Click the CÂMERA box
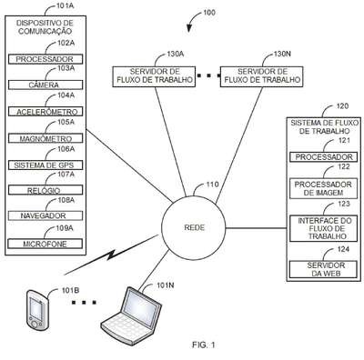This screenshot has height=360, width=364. tap(45, 85)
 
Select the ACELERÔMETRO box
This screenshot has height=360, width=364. tap(45, 112)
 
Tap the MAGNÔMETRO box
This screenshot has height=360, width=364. tap(45, 138)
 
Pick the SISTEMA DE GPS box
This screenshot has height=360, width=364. tap(45, 165)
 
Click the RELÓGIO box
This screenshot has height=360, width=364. tap(45, 190)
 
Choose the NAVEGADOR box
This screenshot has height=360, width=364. tap(45, 215)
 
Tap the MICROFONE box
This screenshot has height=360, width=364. tap(45, 244)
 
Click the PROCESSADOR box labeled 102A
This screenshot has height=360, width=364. tap(45, 59)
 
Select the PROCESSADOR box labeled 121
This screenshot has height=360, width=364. tap(324, 157)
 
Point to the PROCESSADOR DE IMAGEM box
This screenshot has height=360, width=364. tap(324, 188)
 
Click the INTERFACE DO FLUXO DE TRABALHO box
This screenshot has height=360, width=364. tap(324, 228)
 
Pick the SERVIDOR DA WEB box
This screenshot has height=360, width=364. tap(324, 269)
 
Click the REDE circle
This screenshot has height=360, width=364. tap(194, 227)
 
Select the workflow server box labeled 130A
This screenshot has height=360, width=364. tap(154, 76)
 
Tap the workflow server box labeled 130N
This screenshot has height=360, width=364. tap(261, 76)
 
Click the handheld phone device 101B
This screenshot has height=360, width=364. tap(37, 310)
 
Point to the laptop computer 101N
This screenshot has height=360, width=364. tap(131, 315)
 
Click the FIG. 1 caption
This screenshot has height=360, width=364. tap(204, 345)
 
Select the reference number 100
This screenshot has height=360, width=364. tap(209, 13)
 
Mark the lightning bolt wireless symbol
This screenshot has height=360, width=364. tap(111, 255)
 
